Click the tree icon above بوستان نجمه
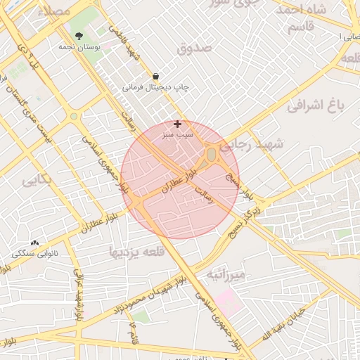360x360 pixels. [77, 35]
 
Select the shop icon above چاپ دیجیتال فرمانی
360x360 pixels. [155, 76]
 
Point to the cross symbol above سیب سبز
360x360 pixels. [177, 124]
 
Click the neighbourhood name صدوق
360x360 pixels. [195, 49]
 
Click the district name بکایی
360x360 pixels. [37, 180]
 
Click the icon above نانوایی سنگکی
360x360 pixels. [34, 243]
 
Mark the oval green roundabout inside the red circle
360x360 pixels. [212, 154]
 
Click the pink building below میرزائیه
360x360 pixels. [228, 301]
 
